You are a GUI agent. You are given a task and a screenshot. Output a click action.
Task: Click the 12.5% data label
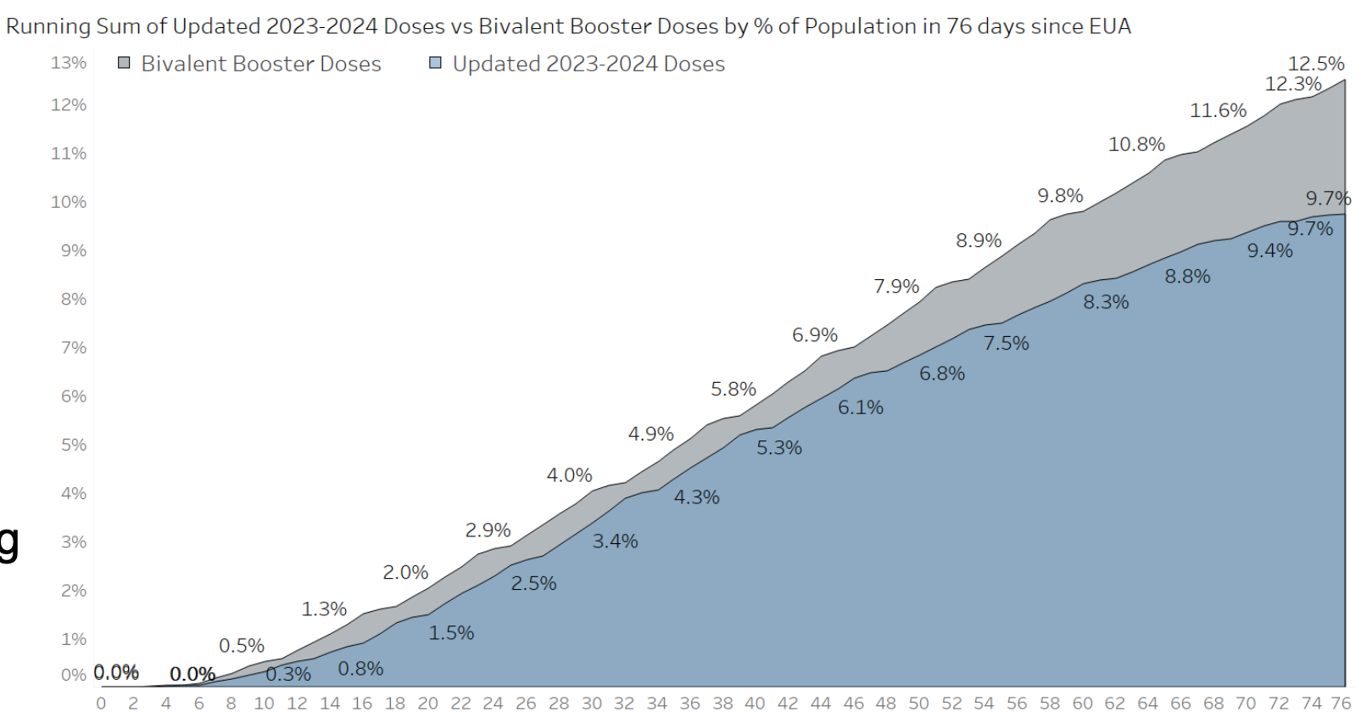pyautogui.click(x=1315, y=64)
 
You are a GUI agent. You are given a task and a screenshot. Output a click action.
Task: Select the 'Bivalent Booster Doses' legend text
pyautogui.click(x=261, y=64)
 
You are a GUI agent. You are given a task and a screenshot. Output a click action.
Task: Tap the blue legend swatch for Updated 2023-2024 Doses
pyautogui.click(x=436, y=63)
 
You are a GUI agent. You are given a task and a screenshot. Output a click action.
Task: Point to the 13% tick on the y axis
pyautogui.click(x=69, y=63)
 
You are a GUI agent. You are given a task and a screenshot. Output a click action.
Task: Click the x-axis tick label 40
pyautogui.click(x=755, y=704)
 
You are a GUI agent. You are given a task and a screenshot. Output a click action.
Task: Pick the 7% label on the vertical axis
pyautogui.click(x=73, y=348)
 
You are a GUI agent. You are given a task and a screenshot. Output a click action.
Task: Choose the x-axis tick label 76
pyautogui.click(x=1341, y=704)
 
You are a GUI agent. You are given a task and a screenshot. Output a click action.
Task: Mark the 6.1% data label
pyautogui.click(x=861, y=407)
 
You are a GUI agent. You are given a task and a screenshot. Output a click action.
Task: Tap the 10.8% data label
pyautogui.click(x=1136, y=144)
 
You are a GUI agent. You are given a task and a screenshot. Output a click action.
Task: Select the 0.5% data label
pyautogui.click(x=242, y=646)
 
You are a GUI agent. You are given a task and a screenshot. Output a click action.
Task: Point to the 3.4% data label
pyautogui.click(x=615, y=541)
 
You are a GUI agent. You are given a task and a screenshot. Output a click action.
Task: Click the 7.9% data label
pyautogui.click(x=896, y=287)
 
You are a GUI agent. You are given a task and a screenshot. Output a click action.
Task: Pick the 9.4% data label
pyautogui.click(x=1269, y=250)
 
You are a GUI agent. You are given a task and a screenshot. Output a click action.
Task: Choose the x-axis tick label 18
pyautogui.click(x=395, y=704)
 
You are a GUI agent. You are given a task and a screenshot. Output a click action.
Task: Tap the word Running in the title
pyautogui.click(x=48, y=26)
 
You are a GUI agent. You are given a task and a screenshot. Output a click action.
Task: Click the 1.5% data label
pyautogui.click(x=451, y=633)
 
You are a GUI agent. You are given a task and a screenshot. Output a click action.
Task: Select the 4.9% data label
pyautogui.click(x=650, y=435)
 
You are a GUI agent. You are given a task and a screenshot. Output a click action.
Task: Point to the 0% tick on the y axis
pyautogui.click(x=73, y=676)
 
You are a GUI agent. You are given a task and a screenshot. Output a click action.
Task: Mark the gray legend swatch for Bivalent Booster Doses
pyautogui.click(x=125, y=63)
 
